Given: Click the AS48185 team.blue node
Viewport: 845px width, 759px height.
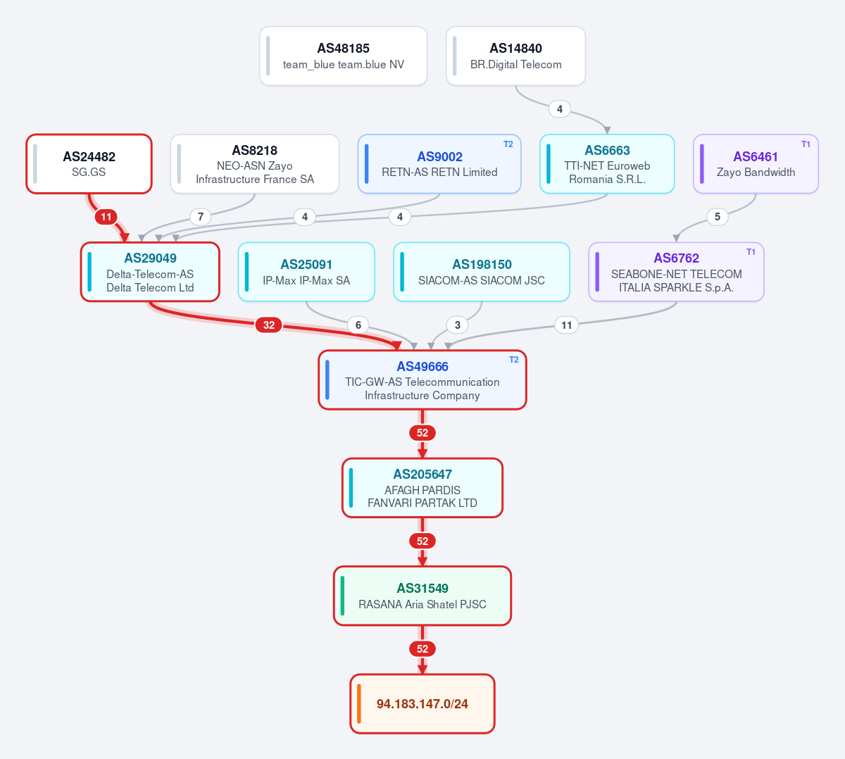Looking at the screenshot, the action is tap(343, 56).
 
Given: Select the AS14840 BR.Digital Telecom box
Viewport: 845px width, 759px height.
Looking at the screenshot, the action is tap(515, 56).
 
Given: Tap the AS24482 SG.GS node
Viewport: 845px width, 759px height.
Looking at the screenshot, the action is tap(89, 164).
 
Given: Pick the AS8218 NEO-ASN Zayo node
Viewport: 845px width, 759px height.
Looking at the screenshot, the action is tap(255, 164).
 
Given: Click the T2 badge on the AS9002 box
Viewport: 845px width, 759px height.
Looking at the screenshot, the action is tap(508, 144).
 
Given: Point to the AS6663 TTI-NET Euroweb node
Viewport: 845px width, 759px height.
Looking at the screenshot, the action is tap(607, 164).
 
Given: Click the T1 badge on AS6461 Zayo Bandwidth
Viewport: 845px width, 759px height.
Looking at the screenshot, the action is tap(806, 144).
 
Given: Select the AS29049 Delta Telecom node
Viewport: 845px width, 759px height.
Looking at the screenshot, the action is tap(150, 272).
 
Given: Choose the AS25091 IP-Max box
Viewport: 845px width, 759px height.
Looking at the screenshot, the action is tap(306, 272).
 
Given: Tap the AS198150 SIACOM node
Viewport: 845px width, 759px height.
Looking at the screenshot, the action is tap(482, 272).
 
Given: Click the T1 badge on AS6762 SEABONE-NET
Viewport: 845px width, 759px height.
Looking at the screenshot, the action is tap(751, 252).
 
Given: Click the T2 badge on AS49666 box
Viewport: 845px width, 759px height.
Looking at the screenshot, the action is tap(514, 360).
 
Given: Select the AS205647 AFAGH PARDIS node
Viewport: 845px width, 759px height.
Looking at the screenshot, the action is tap(423, 488).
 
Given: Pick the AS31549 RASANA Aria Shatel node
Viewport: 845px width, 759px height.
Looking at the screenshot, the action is tap(423, 596).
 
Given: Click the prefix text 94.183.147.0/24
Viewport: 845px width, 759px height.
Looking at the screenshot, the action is tap(422, 704).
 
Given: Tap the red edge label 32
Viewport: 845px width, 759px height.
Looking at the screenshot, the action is tap(269, 325).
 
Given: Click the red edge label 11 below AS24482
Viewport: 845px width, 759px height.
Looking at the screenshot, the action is tap(106, 217).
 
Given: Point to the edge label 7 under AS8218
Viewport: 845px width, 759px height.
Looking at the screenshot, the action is tap(201, 217).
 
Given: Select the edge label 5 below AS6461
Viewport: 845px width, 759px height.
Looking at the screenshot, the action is tap(718, 217).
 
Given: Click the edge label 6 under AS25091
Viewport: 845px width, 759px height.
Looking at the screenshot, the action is tap(358, 325).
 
